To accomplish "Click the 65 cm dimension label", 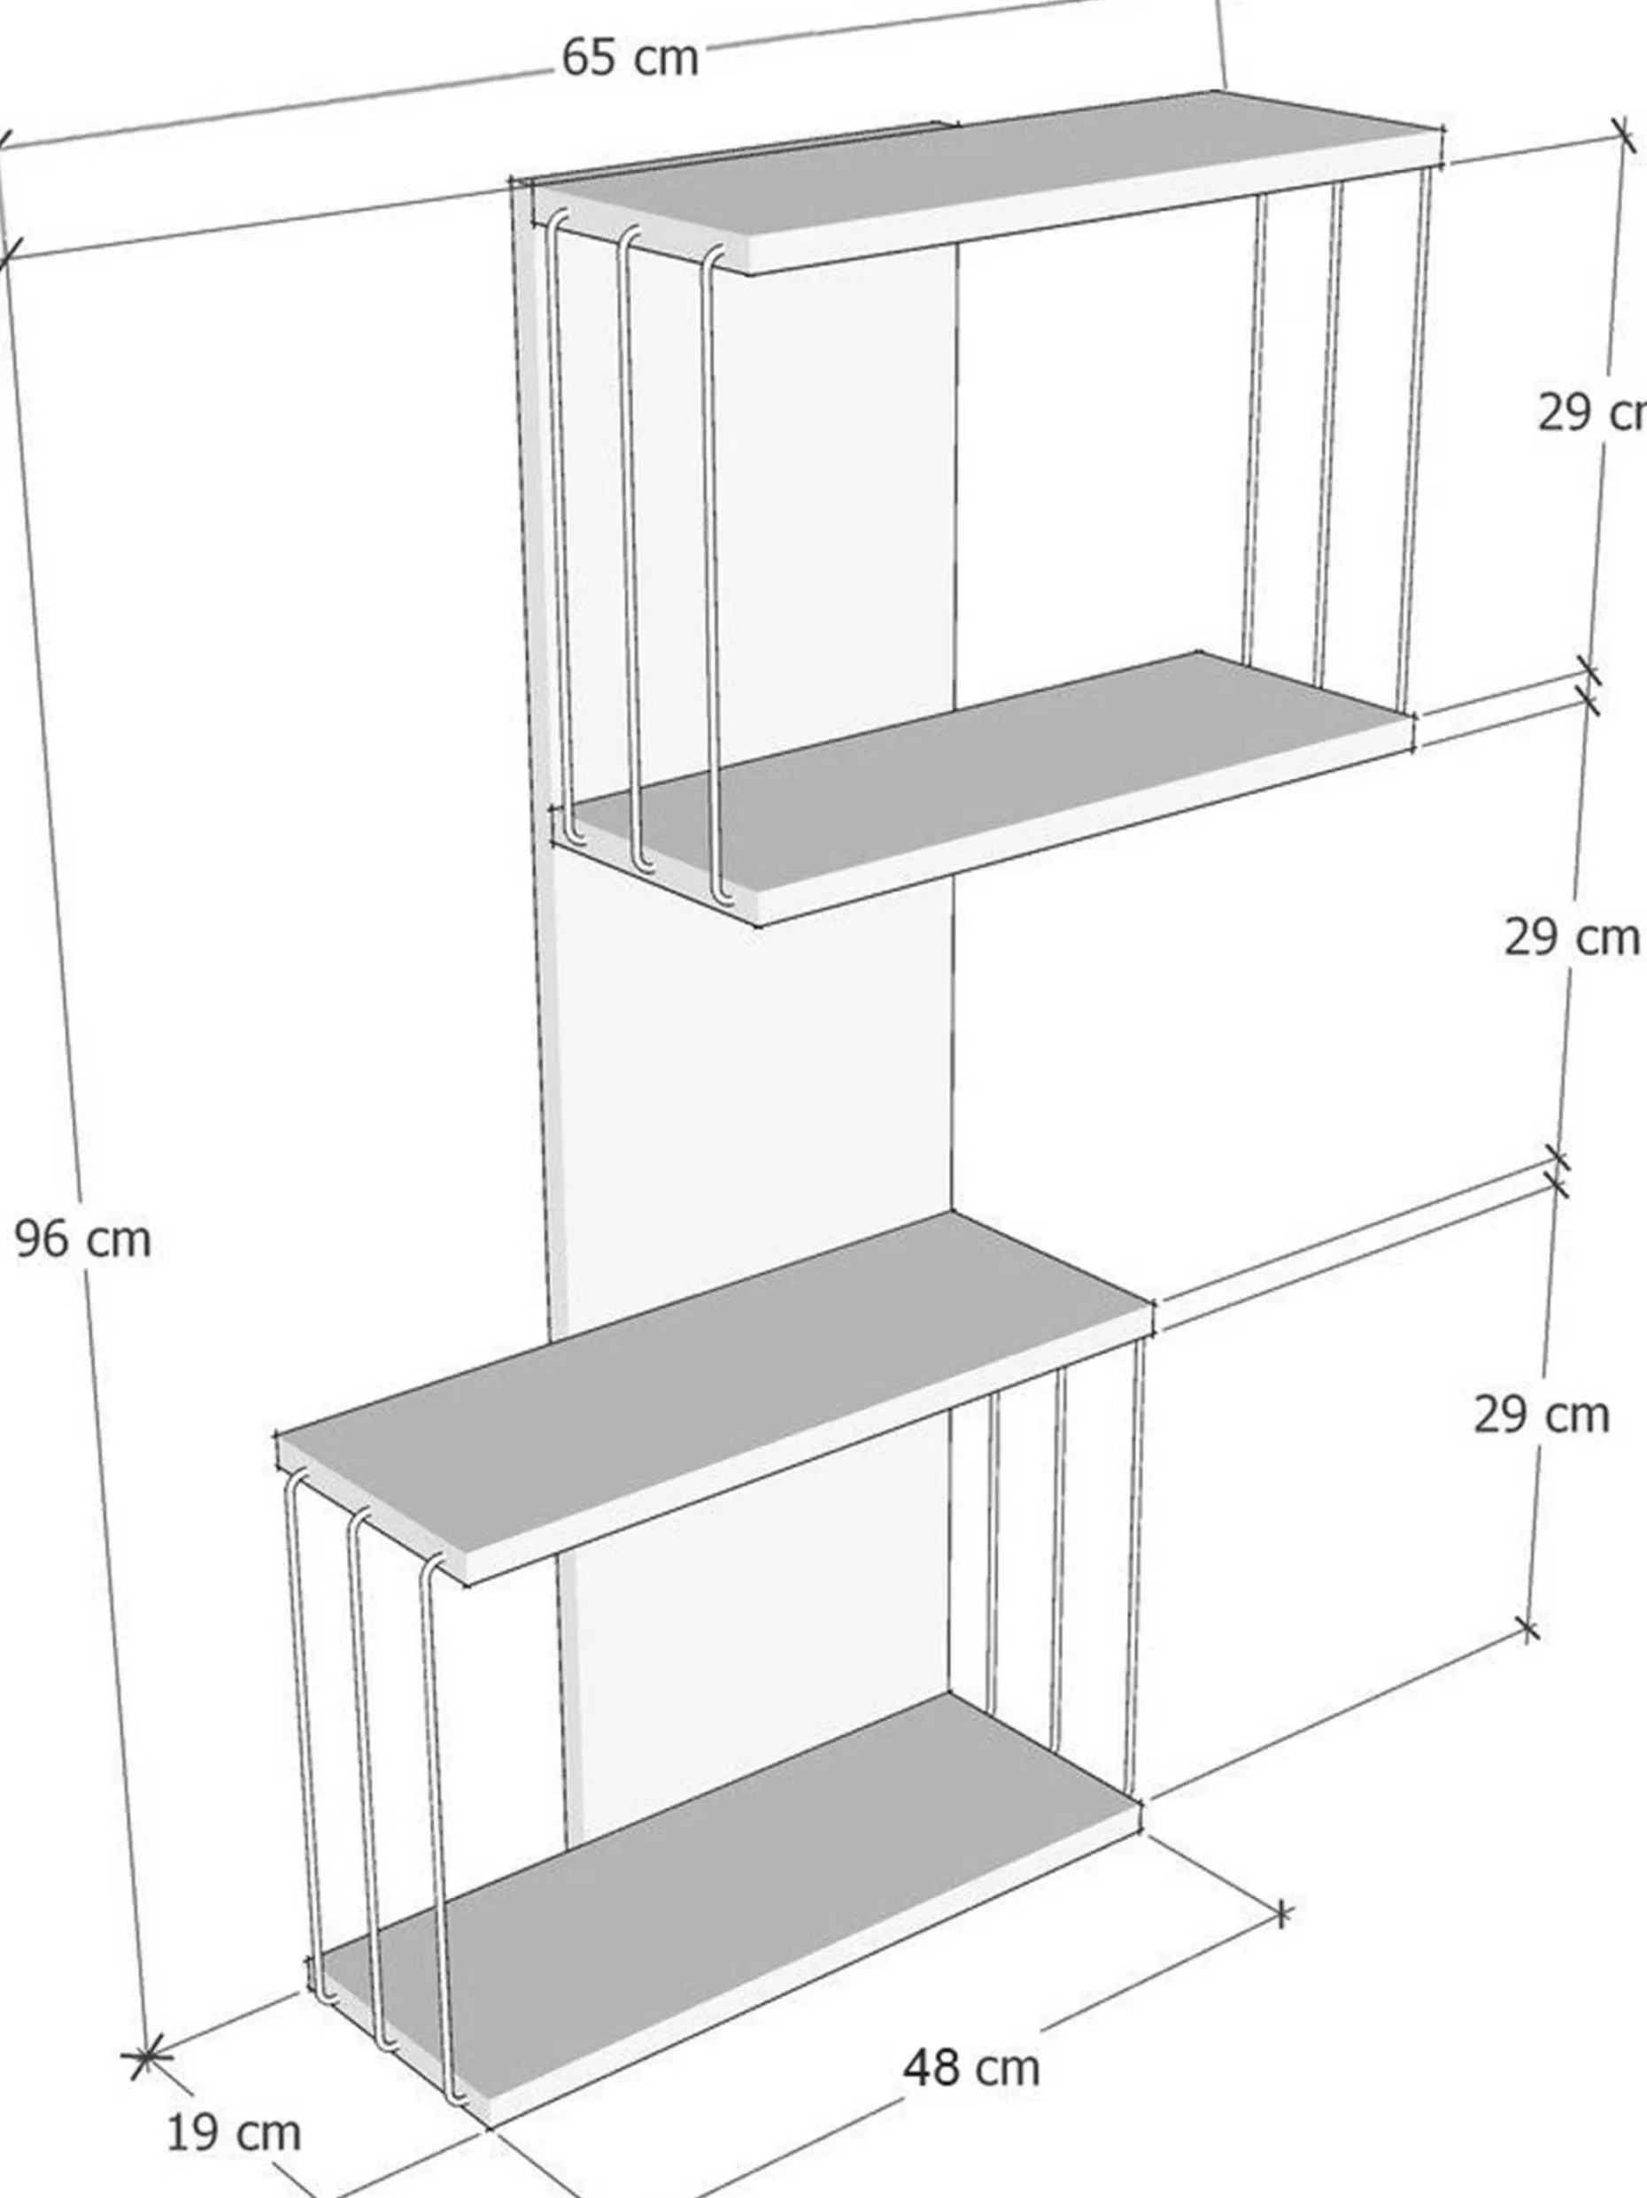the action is pyautogui.click(x=630, y=57).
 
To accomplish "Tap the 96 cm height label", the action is pyautogui.click(x=83, y=1239).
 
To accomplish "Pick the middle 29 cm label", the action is pyautogui.click(x=1572, y=937).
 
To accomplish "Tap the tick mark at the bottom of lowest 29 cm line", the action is pyautogui.click(x=1528, y=1630).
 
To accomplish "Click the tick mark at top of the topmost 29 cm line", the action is pyautogui.click(x=1622, y=135).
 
